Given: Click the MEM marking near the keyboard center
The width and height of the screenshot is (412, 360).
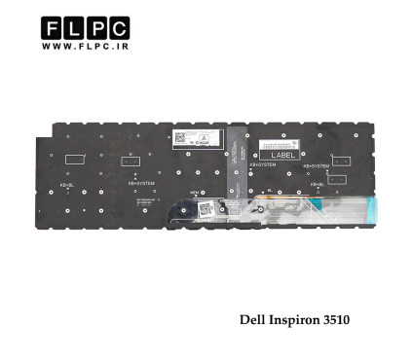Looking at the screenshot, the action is click(x=194, y=193).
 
